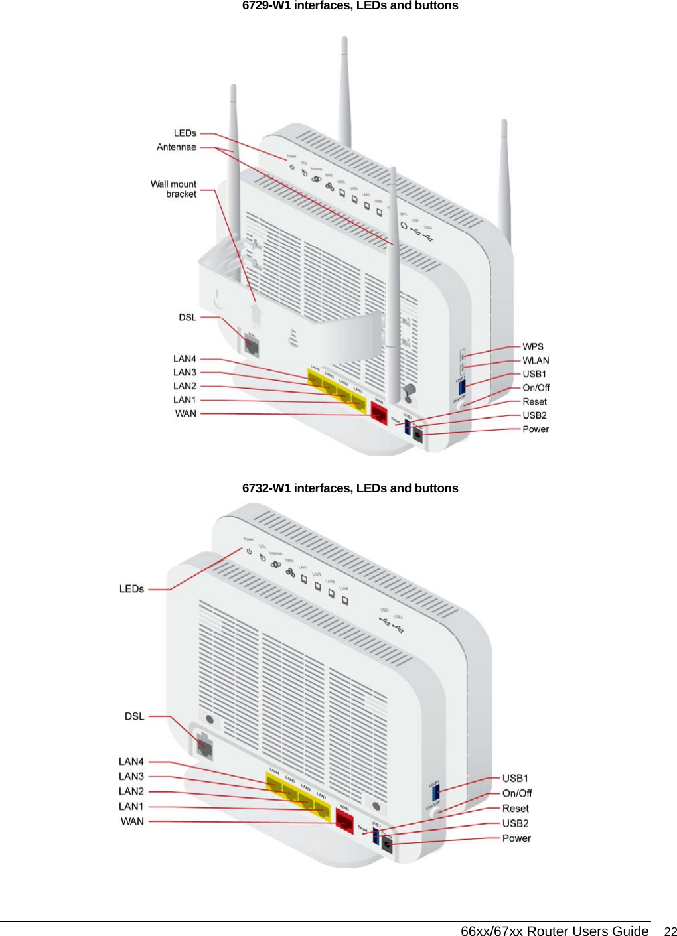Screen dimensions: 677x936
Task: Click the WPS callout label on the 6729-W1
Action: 532,346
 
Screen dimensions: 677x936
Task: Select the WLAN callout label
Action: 535,360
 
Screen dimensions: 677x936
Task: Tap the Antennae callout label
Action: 177,147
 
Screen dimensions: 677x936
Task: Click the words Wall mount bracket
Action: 174,189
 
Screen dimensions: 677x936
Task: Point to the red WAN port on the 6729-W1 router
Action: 378,413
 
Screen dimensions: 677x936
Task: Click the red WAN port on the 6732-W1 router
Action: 344,820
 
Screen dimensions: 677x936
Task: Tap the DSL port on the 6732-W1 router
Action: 204,748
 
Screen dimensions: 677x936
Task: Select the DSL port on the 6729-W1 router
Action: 252,346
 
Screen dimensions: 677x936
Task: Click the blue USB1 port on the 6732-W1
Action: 435,791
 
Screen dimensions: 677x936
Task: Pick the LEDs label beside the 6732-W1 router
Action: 131,588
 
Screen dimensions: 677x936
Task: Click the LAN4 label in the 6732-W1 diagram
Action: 131,761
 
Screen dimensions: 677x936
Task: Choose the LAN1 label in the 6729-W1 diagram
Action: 185,399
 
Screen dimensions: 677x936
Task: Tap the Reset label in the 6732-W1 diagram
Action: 515,808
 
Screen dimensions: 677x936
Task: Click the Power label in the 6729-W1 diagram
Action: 535,429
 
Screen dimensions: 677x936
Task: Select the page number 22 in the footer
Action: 670,931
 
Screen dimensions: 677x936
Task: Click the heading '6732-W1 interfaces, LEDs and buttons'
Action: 350,488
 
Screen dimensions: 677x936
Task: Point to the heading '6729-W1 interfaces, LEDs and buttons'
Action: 350,6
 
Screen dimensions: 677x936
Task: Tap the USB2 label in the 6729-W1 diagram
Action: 534,415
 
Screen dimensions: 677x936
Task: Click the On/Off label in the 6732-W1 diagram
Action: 516,793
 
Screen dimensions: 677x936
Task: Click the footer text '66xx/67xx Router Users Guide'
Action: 554,931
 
